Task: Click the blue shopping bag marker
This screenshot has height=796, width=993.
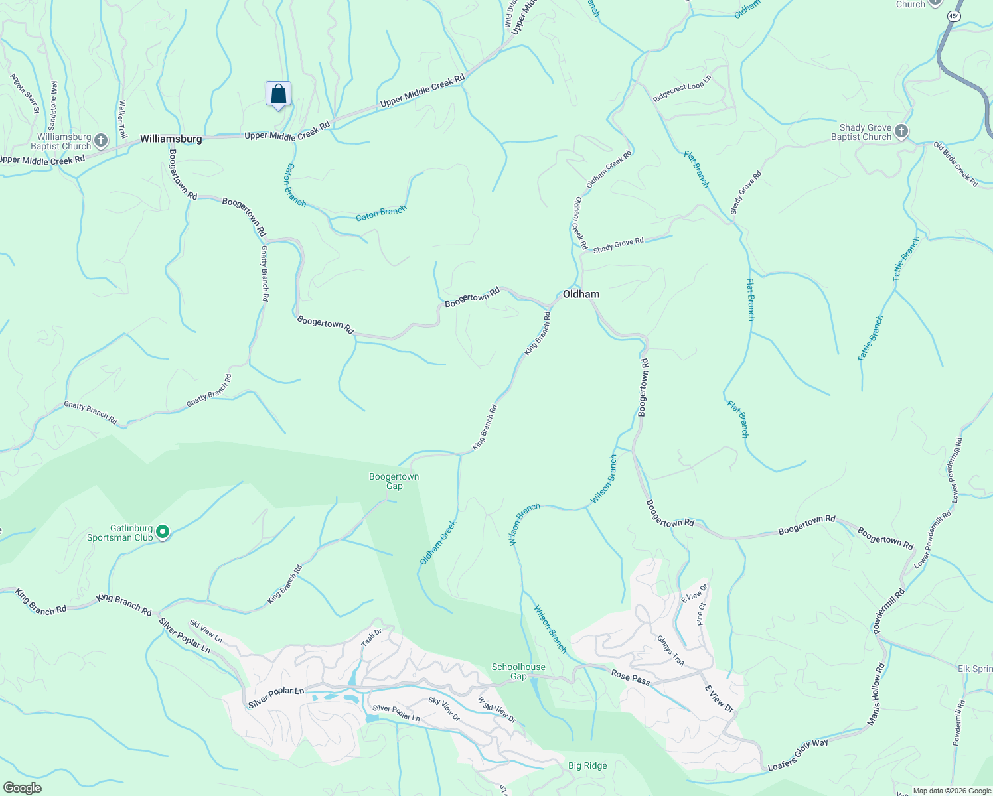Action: [278, 94]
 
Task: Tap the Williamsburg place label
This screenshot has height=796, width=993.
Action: [171, 139]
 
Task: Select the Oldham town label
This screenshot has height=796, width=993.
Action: [581, 294]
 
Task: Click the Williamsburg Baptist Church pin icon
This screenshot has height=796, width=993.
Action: [101, 141]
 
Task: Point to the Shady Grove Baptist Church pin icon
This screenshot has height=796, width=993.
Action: [901, 131]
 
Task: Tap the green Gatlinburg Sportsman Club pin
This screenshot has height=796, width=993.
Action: [163, 532]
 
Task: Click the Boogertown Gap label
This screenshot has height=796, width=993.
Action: [394, 481]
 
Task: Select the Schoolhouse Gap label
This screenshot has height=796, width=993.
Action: [518, 671]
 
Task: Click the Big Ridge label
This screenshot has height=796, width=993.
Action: [587, 765]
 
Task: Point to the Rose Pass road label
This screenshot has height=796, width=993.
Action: [630, 677]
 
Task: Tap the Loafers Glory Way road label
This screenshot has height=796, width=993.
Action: [798, 755]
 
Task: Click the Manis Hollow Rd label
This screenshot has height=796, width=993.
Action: [876, 694]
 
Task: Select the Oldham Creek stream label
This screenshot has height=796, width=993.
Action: [438, 543]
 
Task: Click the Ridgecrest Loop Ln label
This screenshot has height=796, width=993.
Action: [682, 88]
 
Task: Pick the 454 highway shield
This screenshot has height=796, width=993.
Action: [955, 17]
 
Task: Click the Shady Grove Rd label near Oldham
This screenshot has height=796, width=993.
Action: [618, 245]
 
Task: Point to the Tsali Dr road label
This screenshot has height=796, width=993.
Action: [371, 637]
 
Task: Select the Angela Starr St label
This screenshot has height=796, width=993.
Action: [25, 93]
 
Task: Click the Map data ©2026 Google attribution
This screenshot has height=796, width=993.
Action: [952, 791]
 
